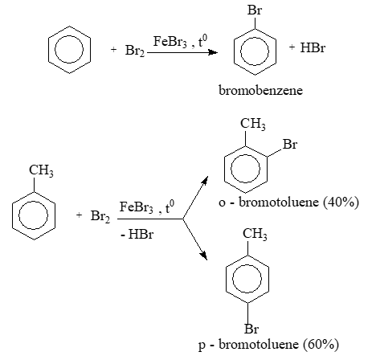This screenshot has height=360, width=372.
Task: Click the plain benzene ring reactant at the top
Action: [x=69, y=27]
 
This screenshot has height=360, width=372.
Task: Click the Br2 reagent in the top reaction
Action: [x=135, y=51]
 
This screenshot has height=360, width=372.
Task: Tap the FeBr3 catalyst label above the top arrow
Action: [x=170, y=42]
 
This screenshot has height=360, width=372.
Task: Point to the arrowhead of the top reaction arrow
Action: [x=213, y=52]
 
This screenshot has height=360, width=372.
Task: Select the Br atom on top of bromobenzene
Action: [x=255, y=10]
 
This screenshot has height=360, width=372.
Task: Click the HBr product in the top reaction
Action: [x=313, y=47]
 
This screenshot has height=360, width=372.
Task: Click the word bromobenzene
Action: [x=260, y=90]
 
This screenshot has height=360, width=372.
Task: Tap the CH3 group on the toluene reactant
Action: [x=41, y=170]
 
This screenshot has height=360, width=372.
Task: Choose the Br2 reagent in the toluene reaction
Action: [x=100, y=216]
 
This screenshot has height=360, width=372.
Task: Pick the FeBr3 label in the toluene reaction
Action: [x=136, y=207]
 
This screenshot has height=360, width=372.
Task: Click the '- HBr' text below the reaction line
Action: [x=137, y=235]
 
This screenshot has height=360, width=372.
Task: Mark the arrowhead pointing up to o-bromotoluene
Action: [x=205, y=180]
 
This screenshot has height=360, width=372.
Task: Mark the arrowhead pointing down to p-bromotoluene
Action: [x=204, y=256]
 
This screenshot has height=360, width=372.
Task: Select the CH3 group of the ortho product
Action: [x=253, y=124]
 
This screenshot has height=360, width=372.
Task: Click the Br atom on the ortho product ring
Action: [x=290, y=145]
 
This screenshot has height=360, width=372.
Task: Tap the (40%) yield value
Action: [x=341, y=202]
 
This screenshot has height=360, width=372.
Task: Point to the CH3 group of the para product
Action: [x=255, y=234]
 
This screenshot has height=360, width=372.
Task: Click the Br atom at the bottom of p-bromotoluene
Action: [x=251, y=329]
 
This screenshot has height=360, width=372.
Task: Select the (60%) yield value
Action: [x=321, y=344]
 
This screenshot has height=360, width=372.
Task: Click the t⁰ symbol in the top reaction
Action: [x=202, y=41]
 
